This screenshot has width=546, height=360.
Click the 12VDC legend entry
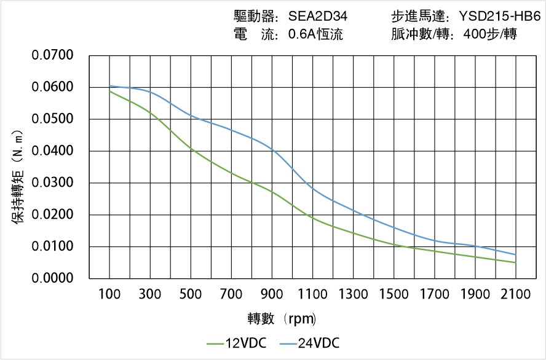coord(237,343)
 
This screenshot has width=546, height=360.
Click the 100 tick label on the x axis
coord(110,295)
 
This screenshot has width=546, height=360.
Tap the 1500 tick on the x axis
coord(394,295)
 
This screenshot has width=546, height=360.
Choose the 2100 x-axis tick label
coord(515,295)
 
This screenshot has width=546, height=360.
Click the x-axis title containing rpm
coord(282,319)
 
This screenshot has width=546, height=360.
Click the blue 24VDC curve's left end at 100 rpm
coord(110,86)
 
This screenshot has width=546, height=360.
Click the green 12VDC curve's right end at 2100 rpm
coord(515,262)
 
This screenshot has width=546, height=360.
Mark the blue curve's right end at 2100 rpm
coord(515,254)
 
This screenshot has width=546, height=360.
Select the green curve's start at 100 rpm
coord(110,91)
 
